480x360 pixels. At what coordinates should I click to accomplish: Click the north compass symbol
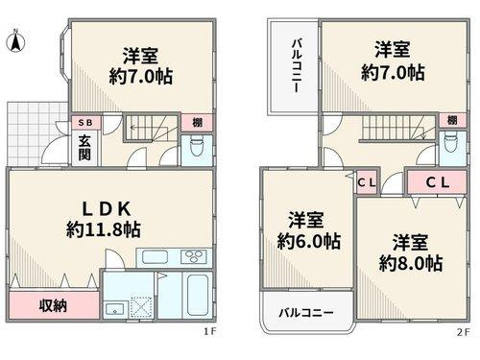[15, 42]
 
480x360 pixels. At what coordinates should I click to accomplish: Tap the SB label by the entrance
[84, 123]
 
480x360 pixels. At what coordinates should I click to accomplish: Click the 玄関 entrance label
[84, 147]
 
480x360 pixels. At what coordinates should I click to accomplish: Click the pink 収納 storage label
[53, 307]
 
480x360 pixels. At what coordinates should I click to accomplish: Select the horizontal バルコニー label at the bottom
[306, 313]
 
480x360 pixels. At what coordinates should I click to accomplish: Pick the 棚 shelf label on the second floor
[451, 120]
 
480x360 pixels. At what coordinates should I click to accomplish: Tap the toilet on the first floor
[196, 147]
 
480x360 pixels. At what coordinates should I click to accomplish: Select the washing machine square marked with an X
[139, 306]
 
